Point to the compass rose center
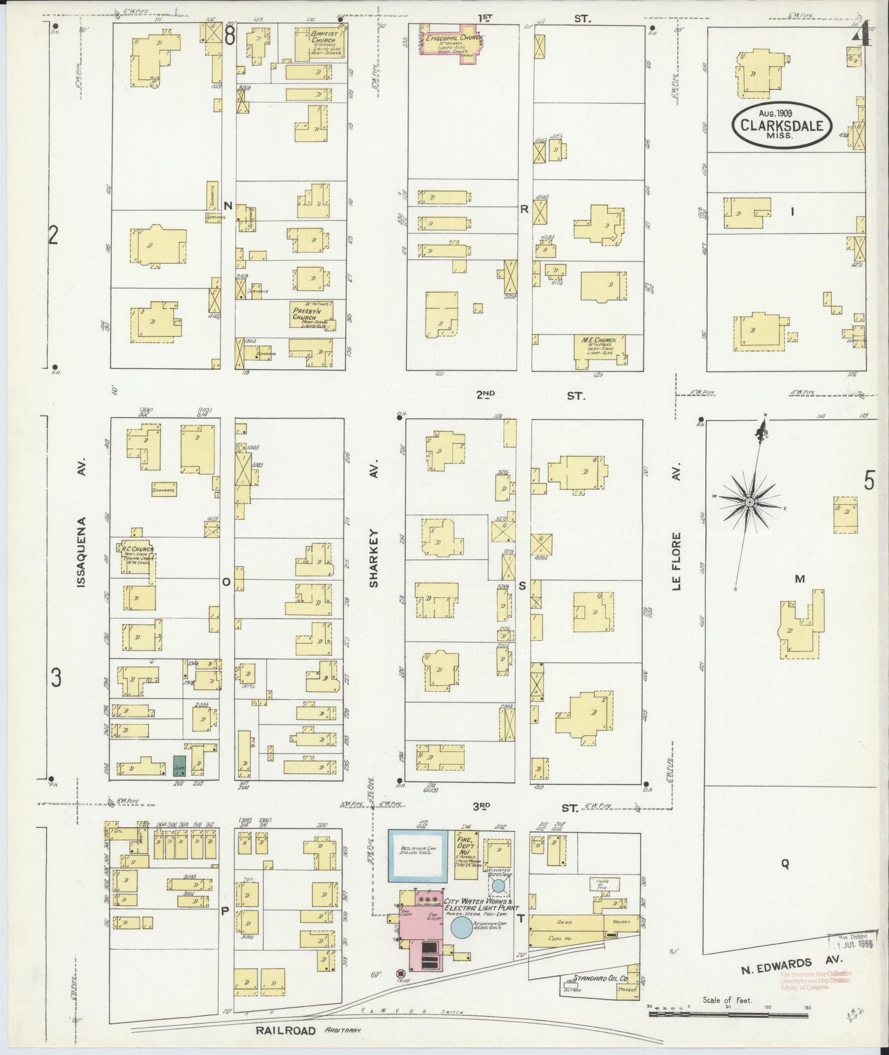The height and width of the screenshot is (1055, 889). coord(749,503)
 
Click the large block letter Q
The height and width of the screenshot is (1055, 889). coord(785,864)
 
